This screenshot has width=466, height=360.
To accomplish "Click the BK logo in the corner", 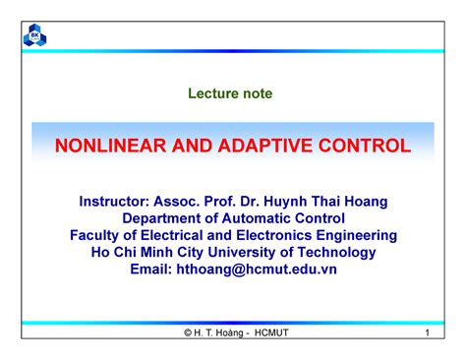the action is (x=34, y=35).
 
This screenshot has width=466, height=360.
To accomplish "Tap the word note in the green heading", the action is (x=258, y=93).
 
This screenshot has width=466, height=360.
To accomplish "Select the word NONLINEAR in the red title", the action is (x=110, y=146).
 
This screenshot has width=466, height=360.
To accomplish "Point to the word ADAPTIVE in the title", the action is (x=264, y=146).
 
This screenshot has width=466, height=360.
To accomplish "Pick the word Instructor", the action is (x=114, y=202).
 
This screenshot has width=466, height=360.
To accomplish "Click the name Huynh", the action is (x=285, y=202).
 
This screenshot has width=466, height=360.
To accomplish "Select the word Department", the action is (x=161, y=218).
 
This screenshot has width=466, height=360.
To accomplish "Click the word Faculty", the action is (x=94, y=236).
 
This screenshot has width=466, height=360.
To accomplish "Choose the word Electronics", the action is (x=274, y=235).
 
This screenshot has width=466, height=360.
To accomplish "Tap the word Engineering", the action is (x=357, y=236).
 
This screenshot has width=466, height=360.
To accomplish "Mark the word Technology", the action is (x=336, y=253).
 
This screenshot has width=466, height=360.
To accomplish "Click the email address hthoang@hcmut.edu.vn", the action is (x=257, y=270).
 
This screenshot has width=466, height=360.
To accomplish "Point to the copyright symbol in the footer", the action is (x=188, y=332).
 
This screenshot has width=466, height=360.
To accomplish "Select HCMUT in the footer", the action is (x=271, y=332).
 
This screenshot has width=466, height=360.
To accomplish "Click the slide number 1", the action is (x=427, y=332).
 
